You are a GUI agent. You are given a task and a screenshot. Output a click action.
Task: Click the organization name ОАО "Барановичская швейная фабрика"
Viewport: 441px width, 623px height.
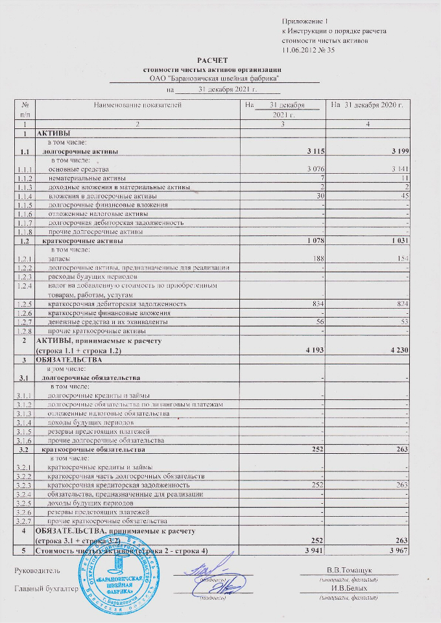coord(214,78)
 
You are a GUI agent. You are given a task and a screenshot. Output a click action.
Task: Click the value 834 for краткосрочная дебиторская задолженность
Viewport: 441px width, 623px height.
coord(315,303)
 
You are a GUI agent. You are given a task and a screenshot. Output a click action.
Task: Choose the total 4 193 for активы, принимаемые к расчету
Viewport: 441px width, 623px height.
coord(312,351)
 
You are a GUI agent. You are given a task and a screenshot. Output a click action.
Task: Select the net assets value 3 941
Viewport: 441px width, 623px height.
coord(312,551)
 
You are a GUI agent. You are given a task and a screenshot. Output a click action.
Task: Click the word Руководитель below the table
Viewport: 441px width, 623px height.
coord(37,570)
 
